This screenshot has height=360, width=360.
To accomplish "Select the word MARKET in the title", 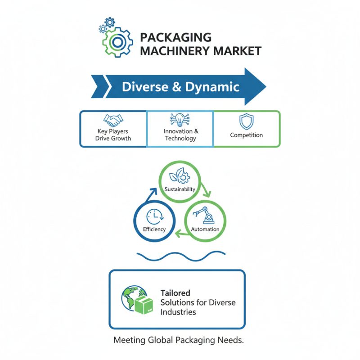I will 239,51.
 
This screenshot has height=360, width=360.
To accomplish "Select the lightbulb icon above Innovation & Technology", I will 180,119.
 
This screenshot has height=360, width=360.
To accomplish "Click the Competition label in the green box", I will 246,135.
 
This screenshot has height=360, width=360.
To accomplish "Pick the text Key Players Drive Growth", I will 113,135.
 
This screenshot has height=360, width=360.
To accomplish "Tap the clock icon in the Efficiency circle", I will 154,216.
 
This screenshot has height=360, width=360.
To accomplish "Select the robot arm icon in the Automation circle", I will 206,215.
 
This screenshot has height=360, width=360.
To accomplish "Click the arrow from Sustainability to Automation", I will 205,189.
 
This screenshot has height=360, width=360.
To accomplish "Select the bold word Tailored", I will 175,293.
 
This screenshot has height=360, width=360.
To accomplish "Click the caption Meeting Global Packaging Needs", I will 179,340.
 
